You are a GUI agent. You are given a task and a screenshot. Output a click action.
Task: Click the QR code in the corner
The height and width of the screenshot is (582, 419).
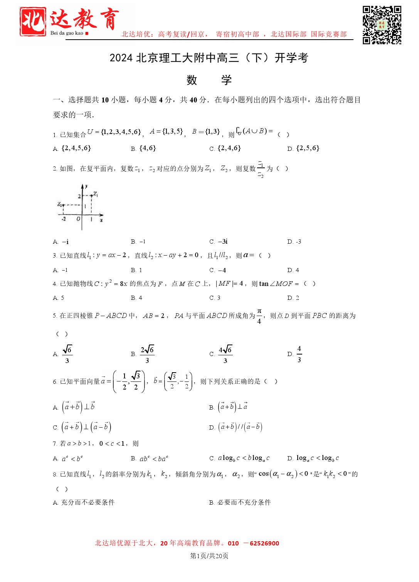(x=382, y=25)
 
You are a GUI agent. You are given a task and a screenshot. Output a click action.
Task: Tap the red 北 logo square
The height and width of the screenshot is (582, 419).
(x=33, y=22)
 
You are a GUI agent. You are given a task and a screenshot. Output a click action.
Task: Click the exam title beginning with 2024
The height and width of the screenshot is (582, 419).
(x=209, y=58)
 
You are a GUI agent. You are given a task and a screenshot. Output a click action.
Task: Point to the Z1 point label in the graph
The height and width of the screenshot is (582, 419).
(x=95, y=194)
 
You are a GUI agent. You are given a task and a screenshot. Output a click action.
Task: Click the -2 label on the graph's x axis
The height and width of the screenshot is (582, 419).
(x=64, y=219)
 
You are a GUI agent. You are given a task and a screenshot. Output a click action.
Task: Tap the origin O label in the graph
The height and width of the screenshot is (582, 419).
(x=78, y=219)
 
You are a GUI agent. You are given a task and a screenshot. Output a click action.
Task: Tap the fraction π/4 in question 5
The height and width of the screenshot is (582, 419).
(x=259, y=316)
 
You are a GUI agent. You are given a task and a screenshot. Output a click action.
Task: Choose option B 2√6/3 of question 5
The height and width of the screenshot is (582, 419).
(x=147, y=354)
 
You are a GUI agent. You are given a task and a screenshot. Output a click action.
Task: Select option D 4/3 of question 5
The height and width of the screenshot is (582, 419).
(x=299, y=354)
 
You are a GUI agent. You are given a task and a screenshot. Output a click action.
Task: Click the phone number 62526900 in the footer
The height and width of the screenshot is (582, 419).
(x=264, y=544)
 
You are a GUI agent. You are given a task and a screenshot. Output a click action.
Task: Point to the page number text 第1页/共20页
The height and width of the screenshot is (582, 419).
(x=209, y=556)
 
